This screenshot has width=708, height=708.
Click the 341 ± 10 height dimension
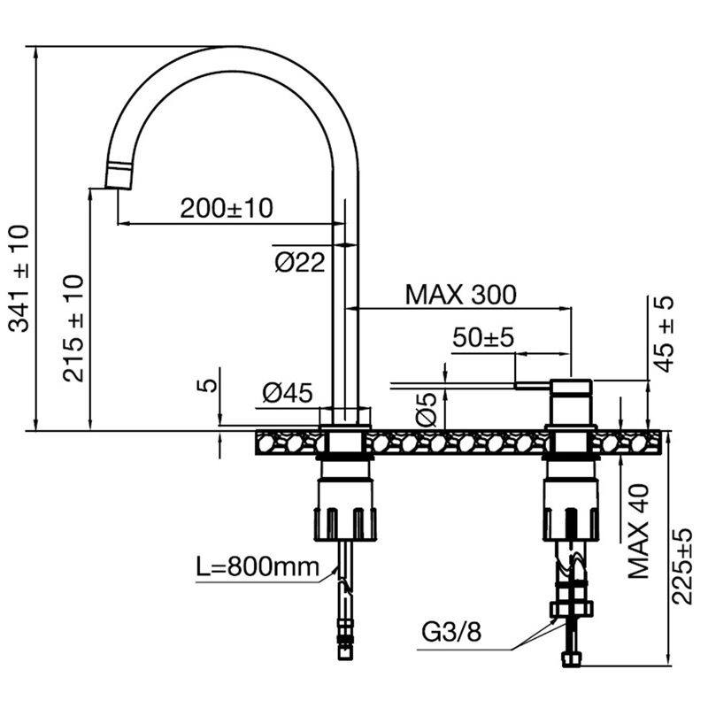click(19, 279)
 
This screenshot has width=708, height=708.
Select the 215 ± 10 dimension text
click(73, 328)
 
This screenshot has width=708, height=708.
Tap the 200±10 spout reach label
click(227, 208)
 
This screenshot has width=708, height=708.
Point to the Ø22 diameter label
click(300, 262)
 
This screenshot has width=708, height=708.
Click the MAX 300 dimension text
click(460, 295)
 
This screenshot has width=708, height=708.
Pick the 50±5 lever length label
click(483, 337)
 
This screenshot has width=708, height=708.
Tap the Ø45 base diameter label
click(287, 392)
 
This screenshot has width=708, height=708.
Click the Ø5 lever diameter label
click(427, 410)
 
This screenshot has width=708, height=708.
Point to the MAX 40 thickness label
click(638, 532)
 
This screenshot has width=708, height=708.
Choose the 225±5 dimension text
click(681, 566)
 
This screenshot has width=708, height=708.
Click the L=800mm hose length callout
click(258, 566)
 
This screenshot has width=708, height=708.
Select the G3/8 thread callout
click(451, 632)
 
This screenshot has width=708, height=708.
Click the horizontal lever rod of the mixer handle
click(533, 385)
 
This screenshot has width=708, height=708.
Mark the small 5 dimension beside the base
click(207, 385)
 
